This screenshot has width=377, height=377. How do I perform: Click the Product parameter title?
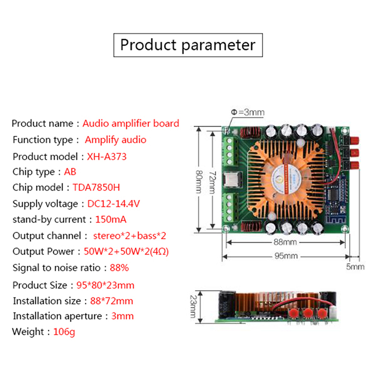[x=188, y=45]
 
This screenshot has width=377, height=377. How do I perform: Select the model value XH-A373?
[x=107, y=156]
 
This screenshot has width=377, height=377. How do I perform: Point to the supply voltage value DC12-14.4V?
[x=114, y=204]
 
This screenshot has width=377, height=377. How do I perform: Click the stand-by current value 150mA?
[x=111, y=220]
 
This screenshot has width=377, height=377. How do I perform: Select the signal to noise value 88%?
[x=119, y=268]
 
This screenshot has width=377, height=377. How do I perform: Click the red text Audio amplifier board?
[x=131, y=123]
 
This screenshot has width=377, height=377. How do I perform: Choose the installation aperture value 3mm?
[x=123, y=316]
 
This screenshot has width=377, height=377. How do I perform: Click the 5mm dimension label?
[x=355, y=267]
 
